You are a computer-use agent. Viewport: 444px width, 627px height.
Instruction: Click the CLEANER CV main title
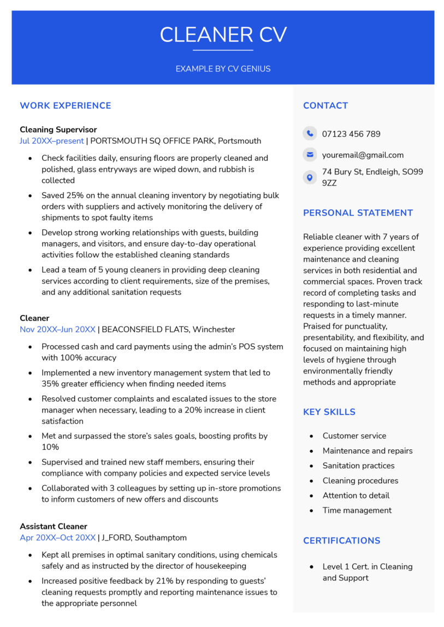(x=223, y=35)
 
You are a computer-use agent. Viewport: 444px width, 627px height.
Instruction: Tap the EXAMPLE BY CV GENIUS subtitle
(x=223, y=69)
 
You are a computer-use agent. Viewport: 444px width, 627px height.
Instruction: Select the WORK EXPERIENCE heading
(x=65, y=106)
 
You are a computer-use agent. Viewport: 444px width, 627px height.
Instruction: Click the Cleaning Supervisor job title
(x=58, y=130)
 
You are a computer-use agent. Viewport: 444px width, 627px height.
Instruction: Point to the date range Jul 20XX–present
(x=52, y=141)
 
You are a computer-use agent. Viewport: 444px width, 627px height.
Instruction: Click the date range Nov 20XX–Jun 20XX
(x=57, y=329)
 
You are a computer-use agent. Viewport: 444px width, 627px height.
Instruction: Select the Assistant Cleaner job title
(x=54, y=526)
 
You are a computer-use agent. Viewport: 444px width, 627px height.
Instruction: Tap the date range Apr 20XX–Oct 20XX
(x=57, y=538)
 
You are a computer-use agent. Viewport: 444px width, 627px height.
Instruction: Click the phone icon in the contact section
(x=310, y=134)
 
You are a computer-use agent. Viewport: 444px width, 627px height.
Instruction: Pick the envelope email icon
(x=310, y=155)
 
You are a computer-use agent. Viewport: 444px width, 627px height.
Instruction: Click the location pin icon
(x=310, y=177)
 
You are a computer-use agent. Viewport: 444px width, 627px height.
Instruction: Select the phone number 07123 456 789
(x=351, y=134)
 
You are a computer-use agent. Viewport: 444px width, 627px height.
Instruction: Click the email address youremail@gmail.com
(x=363, y=155)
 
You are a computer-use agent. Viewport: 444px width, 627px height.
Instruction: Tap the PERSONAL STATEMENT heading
(x=358, y=213)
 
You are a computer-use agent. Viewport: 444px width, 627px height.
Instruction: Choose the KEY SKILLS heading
(x=329, y=412)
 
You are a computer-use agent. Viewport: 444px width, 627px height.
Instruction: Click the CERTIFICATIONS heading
(x=341, y=540)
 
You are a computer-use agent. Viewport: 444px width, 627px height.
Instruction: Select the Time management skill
(x=357, y=510)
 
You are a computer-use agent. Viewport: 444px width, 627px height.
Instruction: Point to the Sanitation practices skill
(x=358, y=466)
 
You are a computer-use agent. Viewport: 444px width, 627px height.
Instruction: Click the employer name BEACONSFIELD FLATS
(x=145, y=329)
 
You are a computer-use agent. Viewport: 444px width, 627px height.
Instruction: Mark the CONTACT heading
(x=325, y=106)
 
